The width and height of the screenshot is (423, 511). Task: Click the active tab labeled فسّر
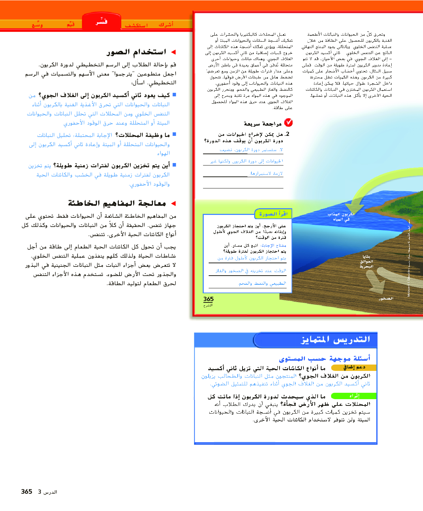(102, 22)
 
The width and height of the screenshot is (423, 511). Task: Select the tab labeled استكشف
(136, 25)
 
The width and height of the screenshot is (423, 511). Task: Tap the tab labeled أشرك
(166, 24)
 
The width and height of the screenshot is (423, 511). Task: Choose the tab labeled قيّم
(71, 24)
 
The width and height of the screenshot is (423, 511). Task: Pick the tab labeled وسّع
(37, 25)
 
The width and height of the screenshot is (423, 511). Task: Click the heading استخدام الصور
(136, 52)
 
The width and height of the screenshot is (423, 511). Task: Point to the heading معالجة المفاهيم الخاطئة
(117, 203)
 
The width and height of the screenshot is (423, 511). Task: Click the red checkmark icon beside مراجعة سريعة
(288, 122)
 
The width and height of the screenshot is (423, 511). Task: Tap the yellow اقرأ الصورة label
(273, 214)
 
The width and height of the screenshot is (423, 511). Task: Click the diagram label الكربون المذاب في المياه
(341, 217)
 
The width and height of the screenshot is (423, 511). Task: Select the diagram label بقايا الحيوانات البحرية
(366, 261)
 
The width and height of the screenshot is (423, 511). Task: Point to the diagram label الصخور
(386, 299)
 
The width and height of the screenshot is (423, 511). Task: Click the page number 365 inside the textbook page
(208, 299)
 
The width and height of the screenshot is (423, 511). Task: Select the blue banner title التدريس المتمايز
(335, 339)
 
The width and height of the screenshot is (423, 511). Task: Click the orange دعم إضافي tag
(354, 367)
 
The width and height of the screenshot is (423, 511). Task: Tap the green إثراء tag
(354, 396)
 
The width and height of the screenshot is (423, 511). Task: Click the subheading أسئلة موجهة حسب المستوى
(325, 359)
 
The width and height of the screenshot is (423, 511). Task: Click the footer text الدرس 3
(48, 492)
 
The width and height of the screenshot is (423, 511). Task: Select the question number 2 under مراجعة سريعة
(287, 134)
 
